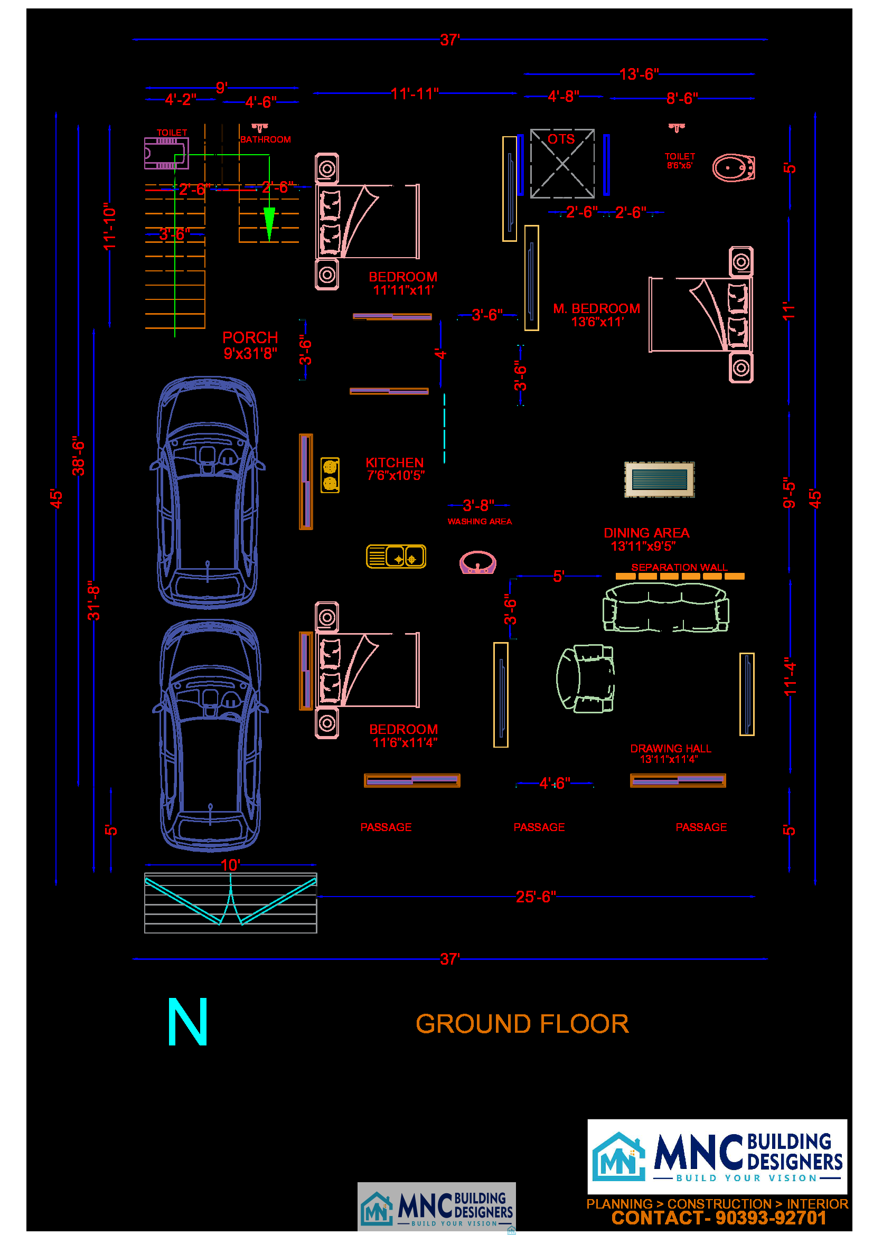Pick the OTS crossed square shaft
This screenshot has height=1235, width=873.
pyautogui.click(x=562, y=164)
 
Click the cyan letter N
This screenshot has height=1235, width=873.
pyautogui.click(x=187, y=1022)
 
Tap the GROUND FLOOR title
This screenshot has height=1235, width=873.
pyautogui.click(x=522, y=1024)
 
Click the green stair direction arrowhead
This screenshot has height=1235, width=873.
pyautogui.click(x=269, y=223)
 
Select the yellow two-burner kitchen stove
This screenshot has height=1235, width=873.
pyautogui.click(x=330, y=475)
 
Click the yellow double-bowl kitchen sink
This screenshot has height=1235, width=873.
pyautogui.click(x=396, y=556)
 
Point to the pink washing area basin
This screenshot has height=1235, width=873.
pyautogui.click(x=477, y=562)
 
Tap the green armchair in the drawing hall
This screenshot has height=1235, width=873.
pyautogui.click(x=585, y=678)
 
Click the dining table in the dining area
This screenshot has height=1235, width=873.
pyautogui.click(x=659, y=479)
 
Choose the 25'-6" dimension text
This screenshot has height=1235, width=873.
pyautogui.click(x=535, y=897)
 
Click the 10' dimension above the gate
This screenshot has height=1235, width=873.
pyautogui.click(x=230, y=865)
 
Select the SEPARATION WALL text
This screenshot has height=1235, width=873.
pyautogui.click(x=679, y=568)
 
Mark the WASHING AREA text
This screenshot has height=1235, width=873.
pyautogui.click(x=479, y=521)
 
